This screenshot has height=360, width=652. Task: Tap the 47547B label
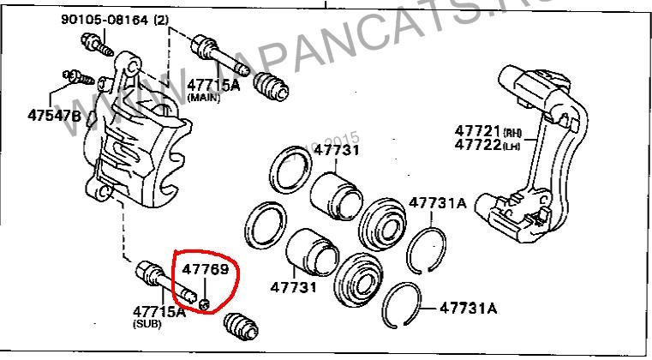53,114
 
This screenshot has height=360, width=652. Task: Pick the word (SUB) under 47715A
145,326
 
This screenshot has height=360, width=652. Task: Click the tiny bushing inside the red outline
205,304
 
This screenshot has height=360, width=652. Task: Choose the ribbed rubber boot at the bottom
240,327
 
